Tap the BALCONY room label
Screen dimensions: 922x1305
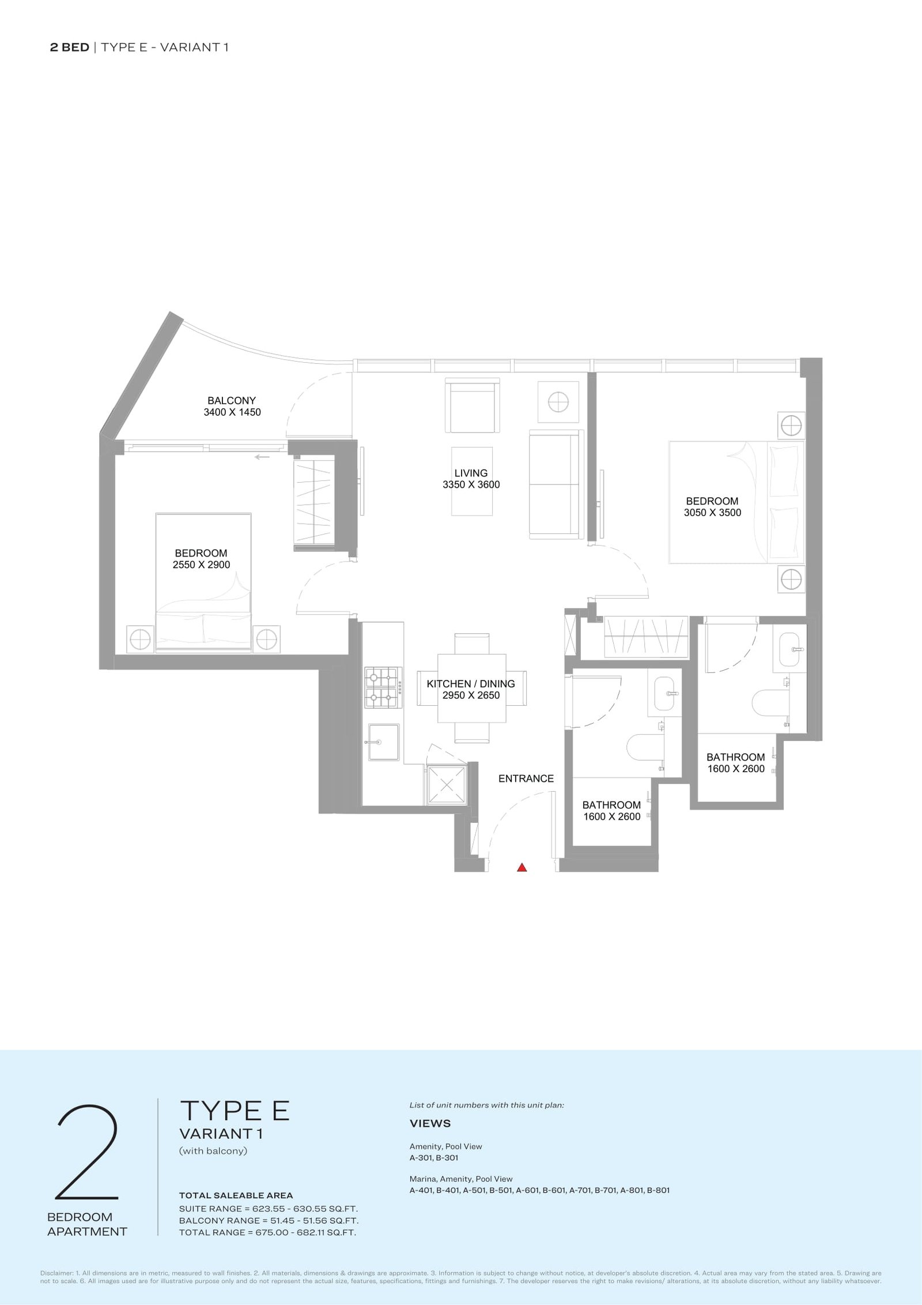coord(232,400)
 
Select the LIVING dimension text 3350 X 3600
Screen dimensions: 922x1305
coord(471,484)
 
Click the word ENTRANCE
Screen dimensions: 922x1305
coord(526,779)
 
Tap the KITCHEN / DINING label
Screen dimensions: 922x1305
coord(471,683)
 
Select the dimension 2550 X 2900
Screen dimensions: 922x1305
coord(202,565)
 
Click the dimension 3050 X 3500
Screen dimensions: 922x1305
coord(713,512)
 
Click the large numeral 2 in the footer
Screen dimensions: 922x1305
coord(88,1152)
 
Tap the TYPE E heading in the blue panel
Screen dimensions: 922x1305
coord(235,1111)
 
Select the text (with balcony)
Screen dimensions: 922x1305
coord(213,1151)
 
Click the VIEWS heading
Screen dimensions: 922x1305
coord(430,1123)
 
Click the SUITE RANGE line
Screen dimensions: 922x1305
coord(269,1209)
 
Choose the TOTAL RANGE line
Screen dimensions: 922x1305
coord(267,1232)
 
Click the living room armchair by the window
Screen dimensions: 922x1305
coord(472,405)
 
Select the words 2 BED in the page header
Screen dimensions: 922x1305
coord(70,47)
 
